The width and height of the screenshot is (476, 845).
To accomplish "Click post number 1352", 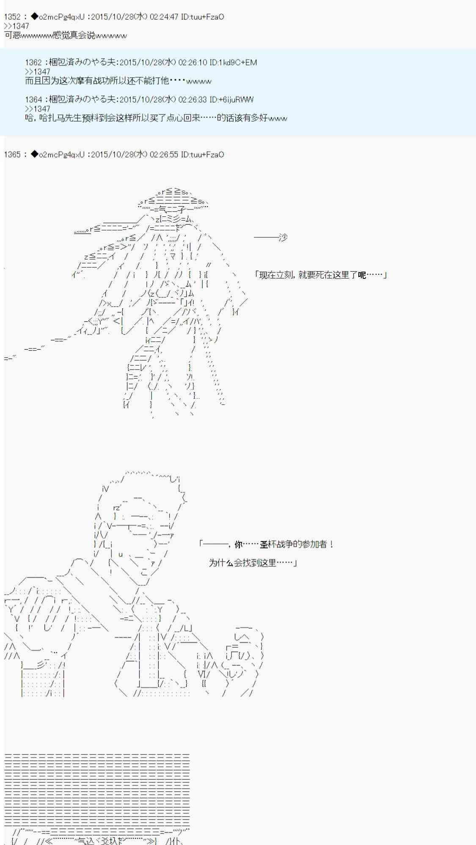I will pyautogui.click(x=12, y=17).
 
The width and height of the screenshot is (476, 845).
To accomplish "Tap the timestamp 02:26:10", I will pyautogui.click(x=193, y=63).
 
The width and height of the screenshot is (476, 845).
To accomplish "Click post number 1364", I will pyautogui.click(x=33, y=100).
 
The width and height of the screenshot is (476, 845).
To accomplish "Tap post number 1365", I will pyautogui.click(x=12, y=155).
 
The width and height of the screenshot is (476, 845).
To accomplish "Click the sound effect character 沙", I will pyautogui.click(x=283, y=237).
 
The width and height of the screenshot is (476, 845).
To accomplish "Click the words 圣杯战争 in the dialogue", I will pyautogui.click(x=277, y=544).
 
